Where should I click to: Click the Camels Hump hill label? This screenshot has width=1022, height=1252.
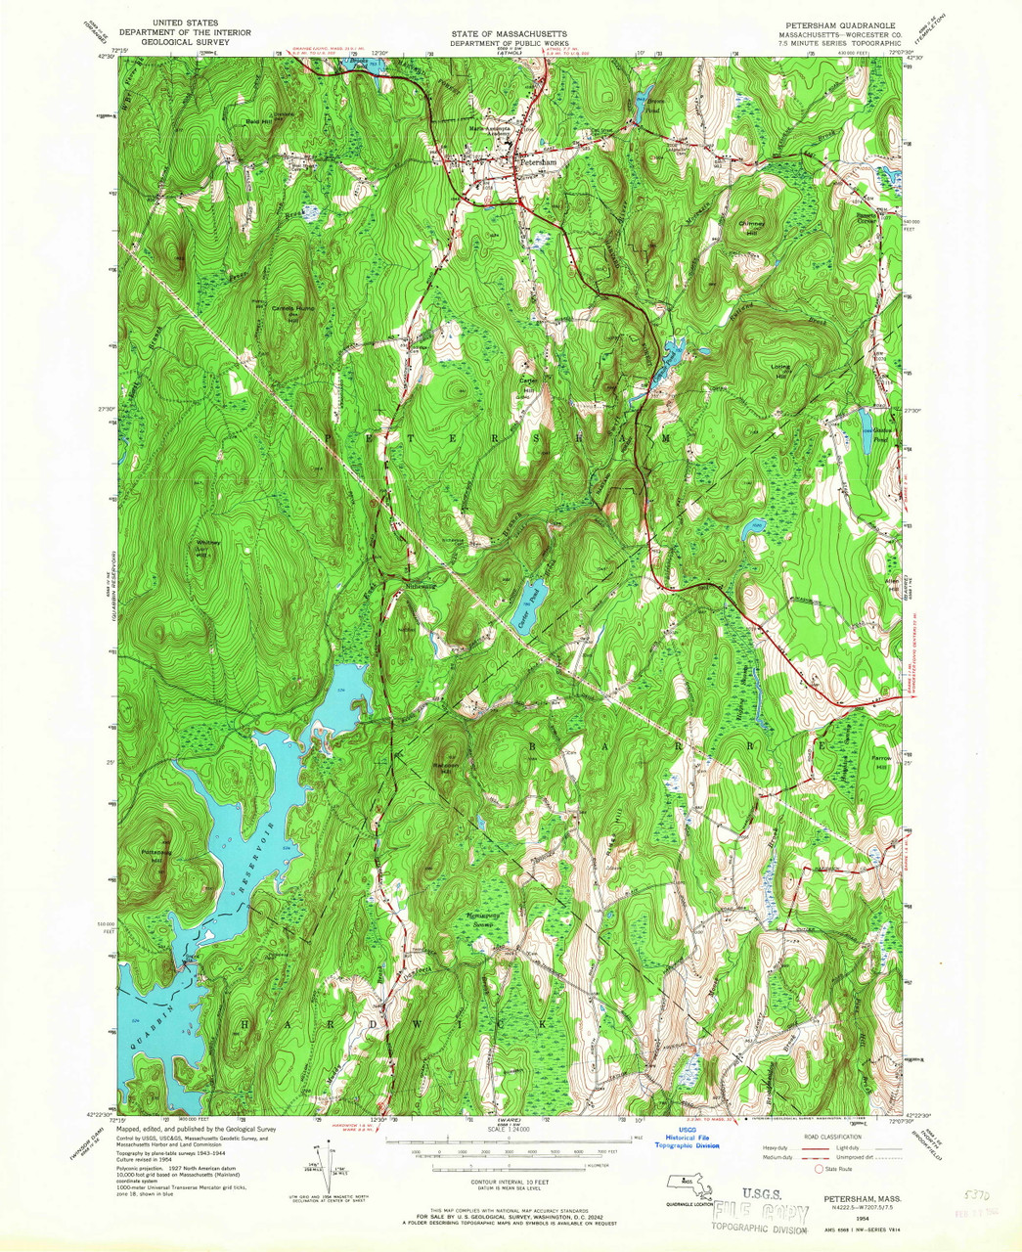coord(289,309)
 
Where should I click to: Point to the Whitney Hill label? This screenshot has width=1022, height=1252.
coord(209,547)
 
